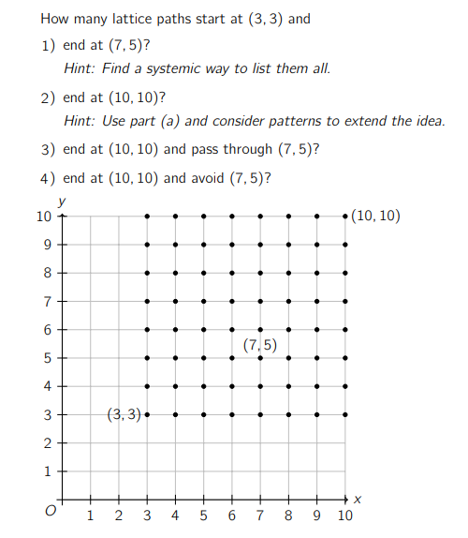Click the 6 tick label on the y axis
(45, 329)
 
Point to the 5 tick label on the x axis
(203, 516)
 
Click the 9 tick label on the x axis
(317, 516)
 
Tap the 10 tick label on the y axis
(42, 217)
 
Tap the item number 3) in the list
(49, 149)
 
